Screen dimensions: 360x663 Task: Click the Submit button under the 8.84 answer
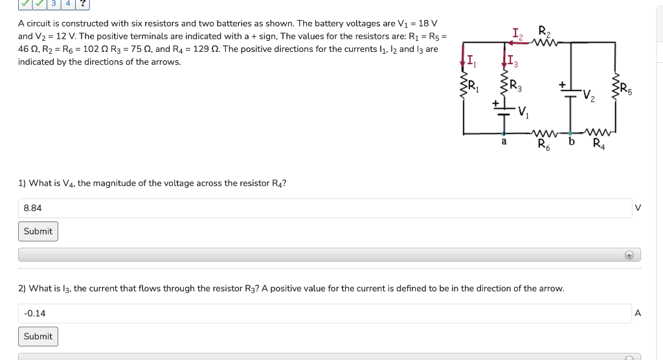tap(38, 231)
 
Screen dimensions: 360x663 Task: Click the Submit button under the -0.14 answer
tap(38, 336)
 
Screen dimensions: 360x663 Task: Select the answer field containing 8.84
tap(324, 208)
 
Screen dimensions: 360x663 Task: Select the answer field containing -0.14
tap(324, 313)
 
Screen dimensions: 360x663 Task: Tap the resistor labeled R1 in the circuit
tap(464, 85)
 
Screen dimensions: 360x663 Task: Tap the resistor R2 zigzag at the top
tap(545, 43)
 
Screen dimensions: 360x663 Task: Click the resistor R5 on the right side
tap(614, 85)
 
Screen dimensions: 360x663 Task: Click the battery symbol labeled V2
tap(570, 95)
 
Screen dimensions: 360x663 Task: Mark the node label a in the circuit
tap(504, 141)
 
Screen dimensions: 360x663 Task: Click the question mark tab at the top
tap(82, 3)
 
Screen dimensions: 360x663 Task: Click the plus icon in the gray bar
tap(629, 255)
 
